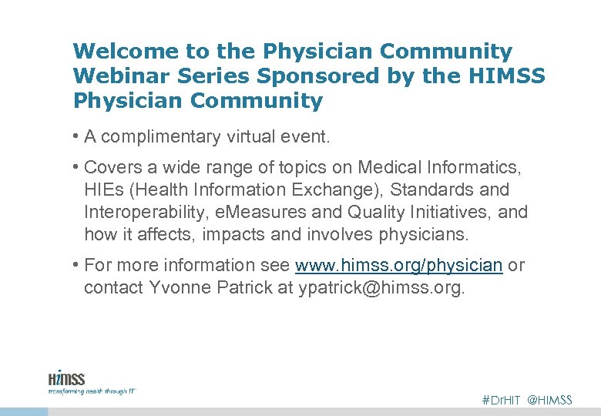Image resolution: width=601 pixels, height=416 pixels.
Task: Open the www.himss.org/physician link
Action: pyautogui.click(x=399, y=266)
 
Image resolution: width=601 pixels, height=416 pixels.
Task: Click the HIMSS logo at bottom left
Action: pyautogui.click(x=66, y=378)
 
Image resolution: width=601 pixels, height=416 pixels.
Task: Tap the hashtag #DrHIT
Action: pyautogui.click(x=501, y=400)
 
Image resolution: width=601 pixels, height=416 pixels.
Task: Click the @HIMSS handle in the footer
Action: pyautogui.click(x=550, y=400)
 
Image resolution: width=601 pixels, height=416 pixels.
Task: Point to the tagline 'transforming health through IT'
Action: pyautogui.click(x=92, y=391)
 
